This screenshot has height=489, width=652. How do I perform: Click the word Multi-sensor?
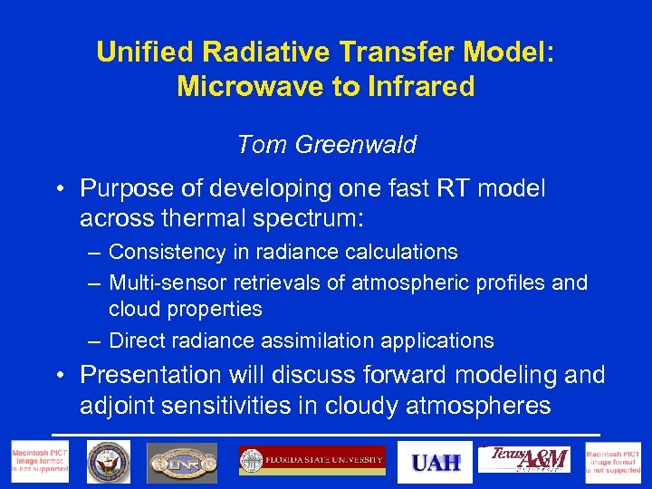pyautogui.click(x=168, y=283)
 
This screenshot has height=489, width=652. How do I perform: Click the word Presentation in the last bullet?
pyautogui.click(x=151, y=374)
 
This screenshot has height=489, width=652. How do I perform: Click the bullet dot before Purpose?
pyautogui.click(x=57, y=189)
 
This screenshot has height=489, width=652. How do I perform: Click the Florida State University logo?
pyautogui.click(x=312, y=460)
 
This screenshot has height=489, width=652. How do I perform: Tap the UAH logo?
pyautogui.click(x=436, y=462)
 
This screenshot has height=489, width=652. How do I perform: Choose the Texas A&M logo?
pyautogui.click(x=529, y=460)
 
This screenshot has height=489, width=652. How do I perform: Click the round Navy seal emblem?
pyautogui.click(x=108, y=462)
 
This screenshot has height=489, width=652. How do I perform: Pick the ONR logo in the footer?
pyautogui.click(x=182, y=462)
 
